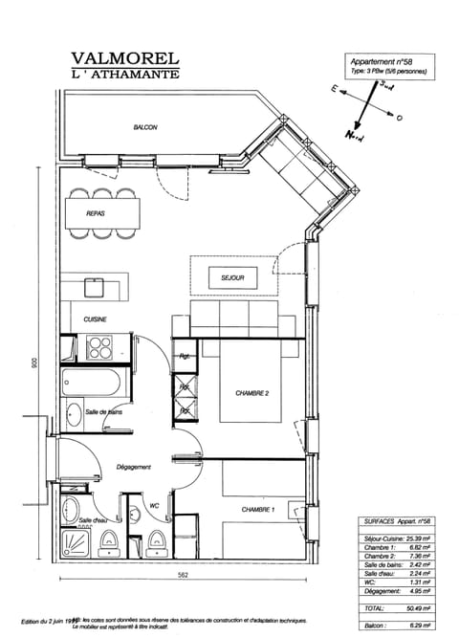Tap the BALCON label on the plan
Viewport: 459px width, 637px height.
pos(145,127)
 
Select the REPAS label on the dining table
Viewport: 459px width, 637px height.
pos(96,214)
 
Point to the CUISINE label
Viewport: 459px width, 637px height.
pos(95,318)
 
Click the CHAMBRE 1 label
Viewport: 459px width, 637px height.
pos(258,509)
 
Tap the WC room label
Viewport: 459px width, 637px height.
pos(153,506)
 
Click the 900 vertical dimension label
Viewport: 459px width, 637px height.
pos(33,364)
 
